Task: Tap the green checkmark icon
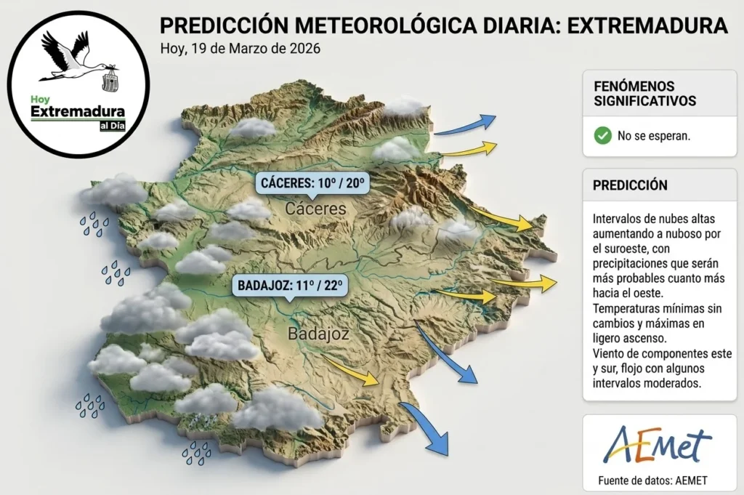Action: click(602, 136)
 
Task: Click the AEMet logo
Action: click(657, 445)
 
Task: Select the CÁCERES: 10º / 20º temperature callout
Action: click(312, 184)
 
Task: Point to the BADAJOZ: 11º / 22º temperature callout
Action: click(289, 286)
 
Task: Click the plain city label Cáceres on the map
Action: click(315, 209)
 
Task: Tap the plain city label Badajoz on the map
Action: click(318, 334)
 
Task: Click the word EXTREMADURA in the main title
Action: click(647, 25)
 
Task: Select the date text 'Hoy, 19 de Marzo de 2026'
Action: click(240, 49)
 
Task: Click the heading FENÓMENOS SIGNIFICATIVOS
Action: click(645, 94)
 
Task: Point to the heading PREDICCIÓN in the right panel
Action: click(630, 185)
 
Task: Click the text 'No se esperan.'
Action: click(654, 136)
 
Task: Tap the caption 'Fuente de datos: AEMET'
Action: click(652, 480)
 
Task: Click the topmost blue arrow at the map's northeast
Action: click(465, 126)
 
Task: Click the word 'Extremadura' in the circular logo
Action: click(78, 112)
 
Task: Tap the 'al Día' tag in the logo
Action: click(113, 126)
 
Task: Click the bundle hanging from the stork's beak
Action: click(110, 81)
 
